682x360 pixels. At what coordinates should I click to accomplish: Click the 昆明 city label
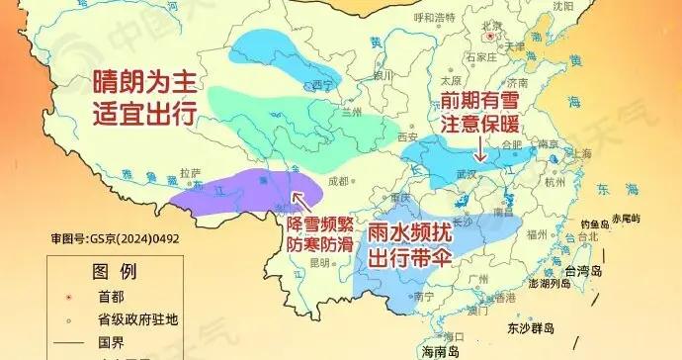pos(318,263)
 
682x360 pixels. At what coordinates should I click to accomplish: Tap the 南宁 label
pos(425,295)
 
